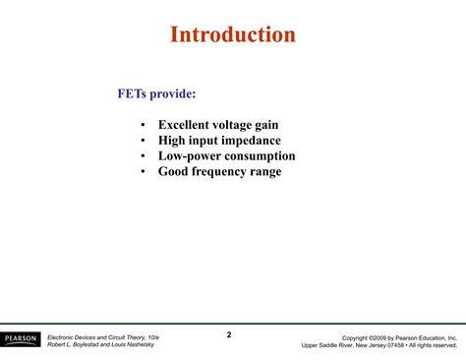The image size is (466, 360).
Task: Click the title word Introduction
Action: point(233,35)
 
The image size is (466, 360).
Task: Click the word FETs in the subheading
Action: point(135,93)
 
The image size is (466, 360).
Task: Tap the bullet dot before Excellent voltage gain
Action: point(144,125)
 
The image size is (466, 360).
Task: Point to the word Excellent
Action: point(191,125)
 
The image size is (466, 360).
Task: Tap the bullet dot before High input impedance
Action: point(144,141)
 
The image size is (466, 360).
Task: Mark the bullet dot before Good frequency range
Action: point(144,172)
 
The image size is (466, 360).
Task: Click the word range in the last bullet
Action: point(265,172)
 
